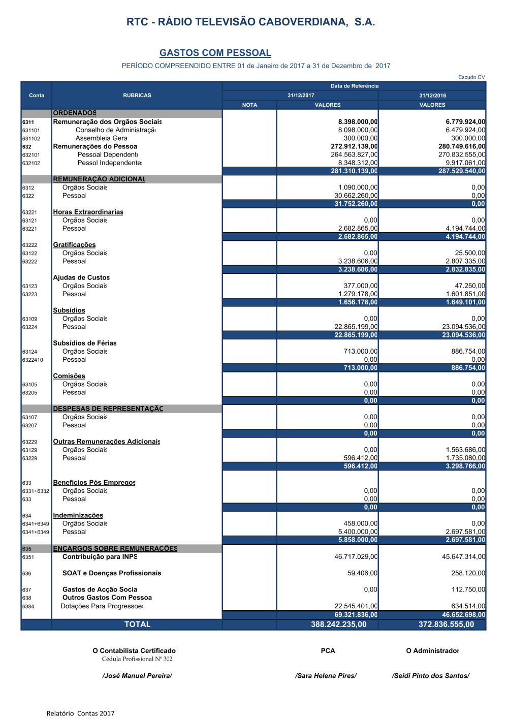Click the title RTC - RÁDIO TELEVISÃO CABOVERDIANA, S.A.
(x=250, y=22)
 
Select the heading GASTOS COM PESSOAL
(x=215, y=53)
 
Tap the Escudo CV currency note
(x=471, y=77)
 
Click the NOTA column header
(x=249, y=105)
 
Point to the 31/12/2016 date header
(x=432, y=96)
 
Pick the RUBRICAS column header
(x=137, y=96)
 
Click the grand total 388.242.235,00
(x=339, y=624)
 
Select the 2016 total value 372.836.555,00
(x=446, y=624)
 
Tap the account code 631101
(x=31, y=131)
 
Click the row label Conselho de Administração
(x=115, y=130)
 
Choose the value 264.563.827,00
(x=354, y=155)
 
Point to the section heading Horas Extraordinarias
(x=88, y=212)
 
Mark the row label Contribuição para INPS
(x=100, y=557)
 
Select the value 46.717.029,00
(x=356, y=557)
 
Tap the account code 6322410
(x=33, y=360)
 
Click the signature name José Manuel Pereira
(x=137, y=676)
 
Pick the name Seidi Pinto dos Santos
(x=431, y=676)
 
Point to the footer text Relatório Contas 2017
(x=80, y=713)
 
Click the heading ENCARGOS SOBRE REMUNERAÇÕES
(x=115, y=549)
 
